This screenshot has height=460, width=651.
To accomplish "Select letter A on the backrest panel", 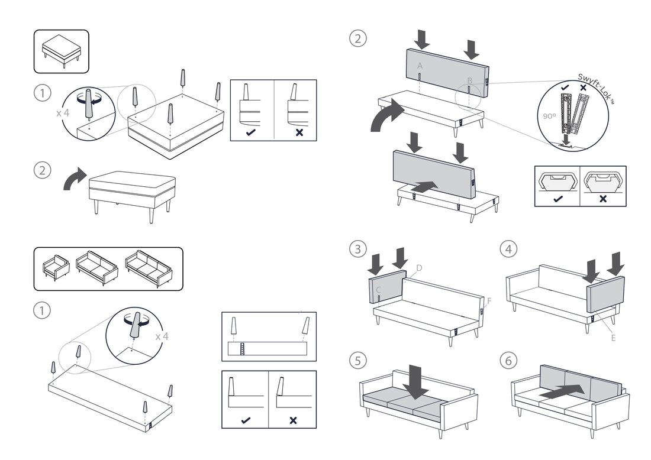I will [x=420, y=66].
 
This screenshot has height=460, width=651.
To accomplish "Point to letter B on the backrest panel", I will [x=469, y=80].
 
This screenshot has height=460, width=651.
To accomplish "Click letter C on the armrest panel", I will [x=378, y=290].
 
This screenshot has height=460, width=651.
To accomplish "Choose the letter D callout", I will [x=418, y=268].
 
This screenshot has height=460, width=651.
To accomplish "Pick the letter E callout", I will [x=613, y=338].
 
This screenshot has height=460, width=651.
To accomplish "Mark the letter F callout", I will [x=489, y=300].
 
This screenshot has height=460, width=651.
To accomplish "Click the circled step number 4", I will [x=508, y=249].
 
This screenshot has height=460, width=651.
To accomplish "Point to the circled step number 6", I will [x=508, y=359].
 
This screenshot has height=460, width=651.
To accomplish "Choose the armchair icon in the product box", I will [x=56, y=270].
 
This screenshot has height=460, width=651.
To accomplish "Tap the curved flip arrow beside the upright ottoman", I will [x=75, y=179].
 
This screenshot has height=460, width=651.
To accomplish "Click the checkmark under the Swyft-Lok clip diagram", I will [x=556, y=199].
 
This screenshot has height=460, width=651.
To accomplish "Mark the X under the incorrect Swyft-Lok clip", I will [x=602, y=199].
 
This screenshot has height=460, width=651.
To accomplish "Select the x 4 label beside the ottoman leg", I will [x=64, y=112].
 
